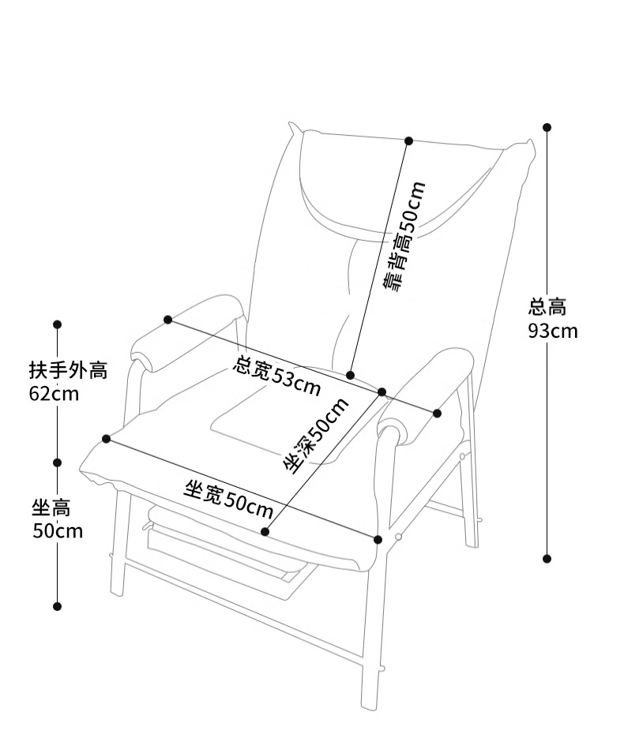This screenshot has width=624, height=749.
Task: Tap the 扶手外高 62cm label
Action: pyautogui.click(x=68, y=382)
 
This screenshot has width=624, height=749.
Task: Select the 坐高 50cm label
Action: pyautogui.click(x=58, y=519)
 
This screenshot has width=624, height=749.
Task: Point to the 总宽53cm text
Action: pyautogui.click(x=276, y=376)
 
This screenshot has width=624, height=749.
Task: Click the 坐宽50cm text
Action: pyautogui.click(x=228, y=500)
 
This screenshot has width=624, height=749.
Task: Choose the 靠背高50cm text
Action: pyautogui.click(x=404, y=237)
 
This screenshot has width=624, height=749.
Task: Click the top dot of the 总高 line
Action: pyautogui.click(x=547, y=127)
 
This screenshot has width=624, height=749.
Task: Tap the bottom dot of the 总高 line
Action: pyautogui.click(x=547, y=559)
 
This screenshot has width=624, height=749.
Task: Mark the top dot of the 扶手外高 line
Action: pyautogui.click(x=58, y=325)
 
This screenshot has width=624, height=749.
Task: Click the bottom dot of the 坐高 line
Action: pyautogui.click(x=58, y=607)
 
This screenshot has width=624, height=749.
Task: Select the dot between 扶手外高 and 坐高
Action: pyautogui.click(x=58, y=463)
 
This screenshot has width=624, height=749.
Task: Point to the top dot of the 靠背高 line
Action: pyautogui.click(x=409, y=140)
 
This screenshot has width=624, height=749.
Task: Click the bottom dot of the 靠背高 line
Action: pyautogui.click(x=351, y=376)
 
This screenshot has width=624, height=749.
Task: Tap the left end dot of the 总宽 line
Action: pyautogui.click(x=167, y=320)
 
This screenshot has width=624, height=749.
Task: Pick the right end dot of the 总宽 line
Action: pyautogui.click(x=437, y=413)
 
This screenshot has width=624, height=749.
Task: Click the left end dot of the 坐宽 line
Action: pyautogui.click(x=107, y=439)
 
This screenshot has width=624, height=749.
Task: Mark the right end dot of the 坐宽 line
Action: pyautogui.click(x=378, y=540)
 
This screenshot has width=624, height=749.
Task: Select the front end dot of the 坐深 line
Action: pyautogui.click(x=265, y=532)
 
